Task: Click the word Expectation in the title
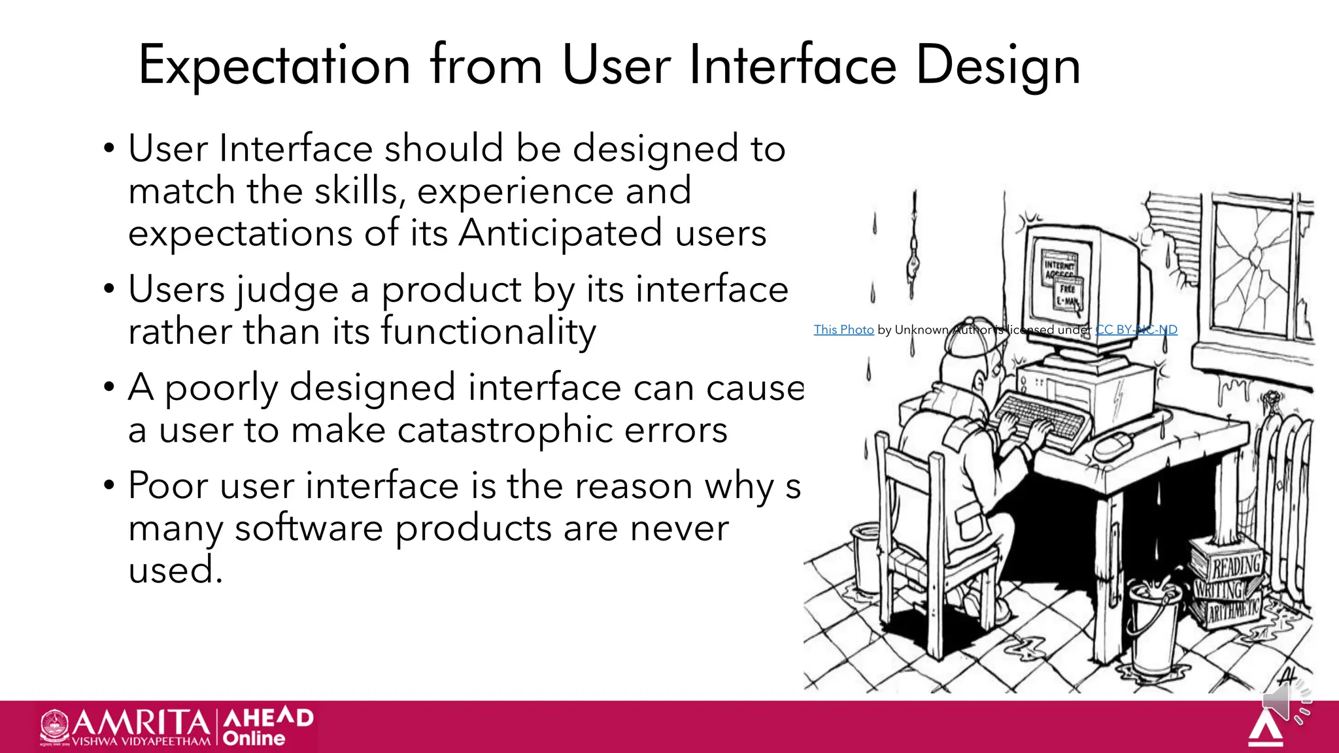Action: tap(275, 65)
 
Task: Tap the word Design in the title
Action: tap(998, 65)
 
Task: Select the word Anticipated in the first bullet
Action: tap(560, 233)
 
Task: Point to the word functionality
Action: tap(488, 331)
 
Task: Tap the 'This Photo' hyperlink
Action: tap(843, 329)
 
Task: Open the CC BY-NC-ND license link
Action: tap(1136, 329)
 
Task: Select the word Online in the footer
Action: tap(254, 739)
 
